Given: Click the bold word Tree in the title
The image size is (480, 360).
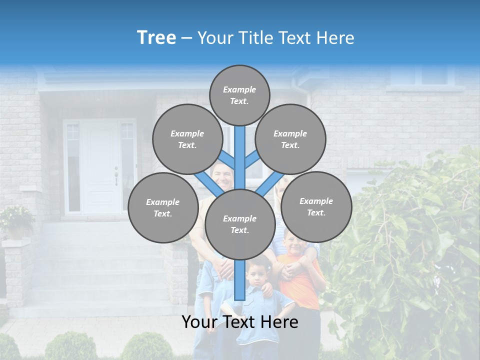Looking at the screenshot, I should (156, 38).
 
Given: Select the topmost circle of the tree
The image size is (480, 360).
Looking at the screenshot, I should (239, 95).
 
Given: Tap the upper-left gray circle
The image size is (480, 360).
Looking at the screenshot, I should (187, 139).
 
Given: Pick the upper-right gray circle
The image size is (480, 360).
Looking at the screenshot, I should (290, 139).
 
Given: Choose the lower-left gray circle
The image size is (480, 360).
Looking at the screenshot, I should (163, 207).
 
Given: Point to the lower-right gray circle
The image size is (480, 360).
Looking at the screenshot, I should (316, 206).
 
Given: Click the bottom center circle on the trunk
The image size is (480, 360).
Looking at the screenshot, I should (239, 224).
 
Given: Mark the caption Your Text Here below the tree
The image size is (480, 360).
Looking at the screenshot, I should (239, 322).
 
